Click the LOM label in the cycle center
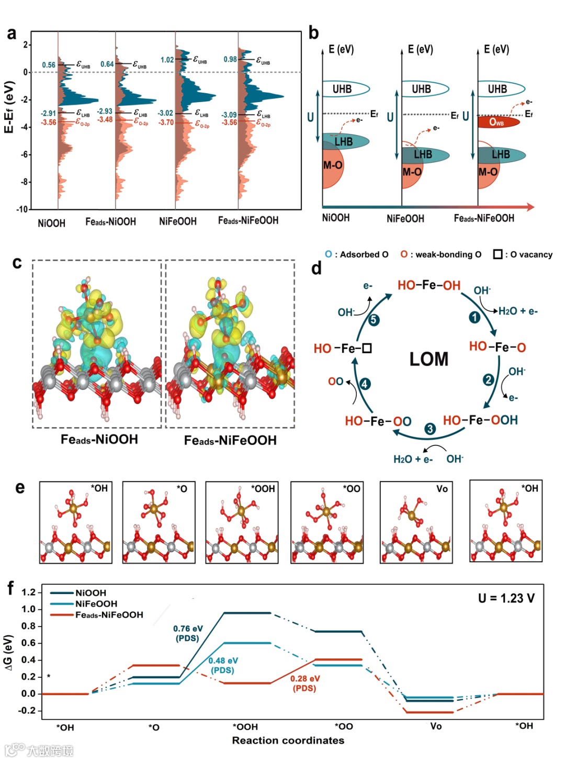tap(428, 359)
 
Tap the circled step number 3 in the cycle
tap(430, 429)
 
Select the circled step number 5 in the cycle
tap(374, 320)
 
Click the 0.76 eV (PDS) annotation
tap(188, 633)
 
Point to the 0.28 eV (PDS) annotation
tap(305, 683)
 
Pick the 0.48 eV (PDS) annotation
tap(223, 665)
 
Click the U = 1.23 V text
tap(506, 598)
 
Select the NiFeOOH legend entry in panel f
tap(96, 603)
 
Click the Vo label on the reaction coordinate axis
tap(436, 726)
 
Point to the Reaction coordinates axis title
tap(288, 740)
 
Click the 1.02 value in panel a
tap(167, 60)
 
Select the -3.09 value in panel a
tap(229, 115)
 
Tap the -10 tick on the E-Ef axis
tap(22, 209)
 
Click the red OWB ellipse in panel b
tap(498, 122)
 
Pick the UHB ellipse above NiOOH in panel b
tap(345, 89)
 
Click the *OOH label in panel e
tap(263, 488)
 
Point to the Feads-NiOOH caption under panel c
tap(99, 439)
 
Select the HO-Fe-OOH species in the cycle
tap(480, 420)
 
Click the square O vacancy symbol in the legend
tap(498, 254)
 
